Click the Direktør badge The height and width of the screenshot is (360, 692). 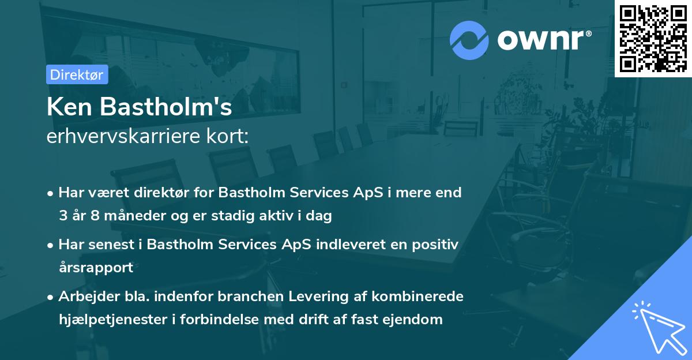(x=77, y=74)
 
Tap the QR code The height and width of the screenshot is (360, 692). (x=653, y=39)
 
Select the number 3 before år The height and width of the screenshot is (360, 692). (x=62, y=216)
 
